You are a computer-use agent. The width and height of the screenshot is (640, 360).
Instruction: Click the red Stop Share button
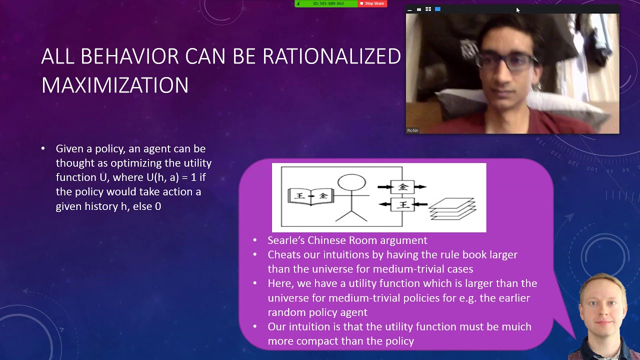coord(372,3)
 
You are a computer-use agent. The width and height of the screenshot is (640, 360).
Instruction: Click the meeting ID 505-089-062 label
coord(328,3)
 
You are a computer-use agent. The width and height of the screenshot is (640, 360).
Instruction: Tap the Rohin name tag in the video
coord(412,130)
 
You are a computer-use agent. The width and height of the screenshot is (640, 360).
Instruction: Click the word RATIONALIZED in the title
coord(331,56)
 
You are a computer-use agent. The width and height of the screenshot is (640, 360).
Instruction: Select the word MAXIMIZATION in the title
coord(115,85)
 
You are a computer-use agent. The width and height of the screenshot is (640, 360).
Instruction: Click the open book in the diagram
coord(311,196)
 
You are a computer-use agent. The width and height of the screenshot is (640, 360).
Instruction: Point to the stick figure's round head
coord(351,182)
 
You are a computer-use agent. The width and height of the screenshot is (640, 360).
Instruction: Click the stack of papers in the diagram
coord(452,209)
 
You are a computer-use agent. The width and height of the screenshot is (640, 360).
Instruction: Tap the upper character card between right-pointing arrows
coord(402,187)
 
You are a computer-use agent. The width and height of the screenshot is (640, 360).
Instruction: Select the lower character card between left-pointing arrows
coord(402,204)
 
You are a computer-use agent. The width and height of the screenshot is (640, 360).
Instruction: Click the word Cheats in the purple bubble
coord(284,255)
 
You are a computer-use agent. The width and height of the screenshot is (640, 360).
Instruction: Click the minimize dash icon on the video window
coord(409,10)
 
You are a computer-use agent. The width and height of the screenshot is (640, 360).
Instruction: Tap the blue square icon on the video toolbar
coord(437,9)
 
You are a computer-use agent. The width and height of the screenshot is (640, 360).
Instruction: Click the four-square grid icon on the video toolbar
coord(428,9)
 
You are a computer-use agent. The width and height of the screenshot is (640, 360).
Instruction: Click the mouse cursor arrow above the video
coord(518,10)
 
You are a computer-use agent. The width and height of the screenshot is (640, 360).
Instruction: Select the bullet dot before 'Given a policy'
coord(43,148)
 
